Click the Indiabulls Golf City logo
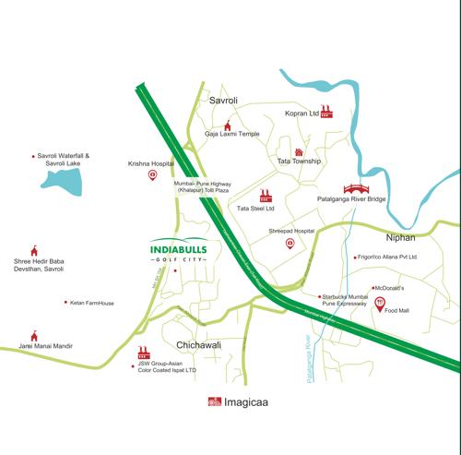[x=179, y=252]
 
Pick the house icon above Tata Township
[x=299, y=151]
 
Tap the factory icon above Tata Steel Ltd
[x=266, y=197]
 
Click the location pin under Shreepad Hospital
[x=290, y=244]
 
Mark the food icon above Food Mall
[x=380, y=306]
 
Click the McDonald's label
[x=389, y=288]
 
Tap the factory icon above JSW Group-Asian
[x=143, y=353]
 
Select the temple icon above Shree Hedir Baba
[x=35, y=251]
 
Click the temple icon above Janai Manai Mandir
[x=35, y=336]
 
